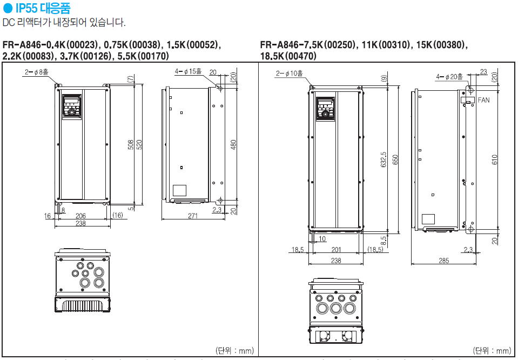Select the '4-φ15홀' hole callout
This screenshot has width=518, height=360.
(188, 71)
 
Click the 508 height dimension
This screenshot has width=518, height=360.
(131, 145)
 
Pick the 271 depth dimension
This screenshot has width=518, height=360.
(193, 216)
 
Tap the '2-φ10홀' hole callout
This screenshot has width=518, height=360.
(290, 73)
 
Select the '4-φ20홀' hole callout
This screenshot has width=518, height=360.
(449, 76)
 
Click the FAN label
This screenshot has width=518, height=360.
(483, 101)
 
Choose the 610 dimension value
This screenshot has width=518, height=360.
(495, 159)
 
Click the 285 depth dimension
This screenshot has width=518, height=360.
(443, 261)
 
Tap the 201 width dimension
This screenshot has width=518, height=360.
(336, 249)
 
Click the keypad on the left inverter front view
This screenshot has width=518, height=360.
(72, 106)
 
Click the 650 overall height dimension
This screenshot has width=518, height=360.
(395, 159)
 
